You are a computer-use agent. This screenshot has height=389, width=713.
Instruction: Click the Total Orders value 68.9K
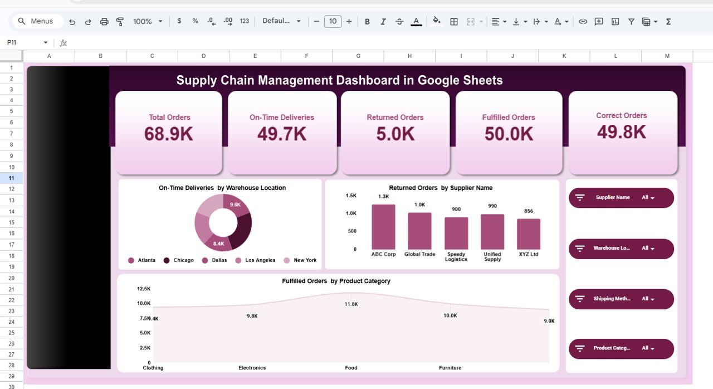[x=169, y=134]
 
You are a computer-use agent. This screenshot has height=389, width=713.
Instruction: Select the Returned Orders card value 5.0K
[x=395, y=134]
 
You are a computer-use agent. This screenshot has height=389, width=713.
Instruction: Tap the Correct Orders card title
[x=621, y=115]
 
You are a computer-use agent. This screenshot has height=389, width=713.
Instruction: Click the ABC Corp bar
[x=383, y=227]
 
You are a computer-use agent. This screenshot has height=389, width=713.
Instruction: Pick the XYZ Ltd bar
[x=528, y=234]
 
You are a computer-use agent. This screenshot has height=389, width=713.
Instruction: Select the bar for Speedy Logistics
[x=456, y=233]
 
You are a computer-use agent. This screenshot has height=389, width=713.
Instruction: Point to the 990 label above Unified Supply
[x=492, y=206]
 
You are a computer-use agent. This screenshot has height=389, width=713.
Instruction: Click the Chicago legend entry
[x=178, y=260]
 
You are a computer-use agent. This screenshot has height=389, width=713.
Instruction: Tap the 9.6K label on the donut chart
[x=236, y=205]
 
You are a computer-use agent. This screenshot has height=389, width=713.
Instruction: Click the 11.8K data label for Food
[x=351, y=304]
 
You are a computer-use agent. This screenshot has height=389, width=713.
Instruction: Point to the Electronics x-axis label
[x=252, y=368]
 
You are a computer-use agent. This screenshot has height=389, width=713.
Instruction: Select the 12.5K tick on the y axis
[x=143, y=289]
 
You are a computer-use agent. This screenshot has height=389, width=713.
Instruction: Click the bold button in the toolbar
[x=367, y=21]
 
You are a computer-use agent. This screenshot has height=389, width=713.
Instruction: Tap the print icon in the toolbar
[x=104, y=21]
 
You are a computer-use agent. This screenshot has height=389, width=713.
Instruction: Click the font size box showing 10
[x=333, y=21]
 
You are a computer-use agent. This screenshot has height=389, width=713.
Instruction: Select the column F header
[x=306, y=56]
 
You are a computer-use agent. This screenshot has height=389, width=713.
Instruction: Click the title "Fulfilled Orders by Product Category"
[x=336, y=281]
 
